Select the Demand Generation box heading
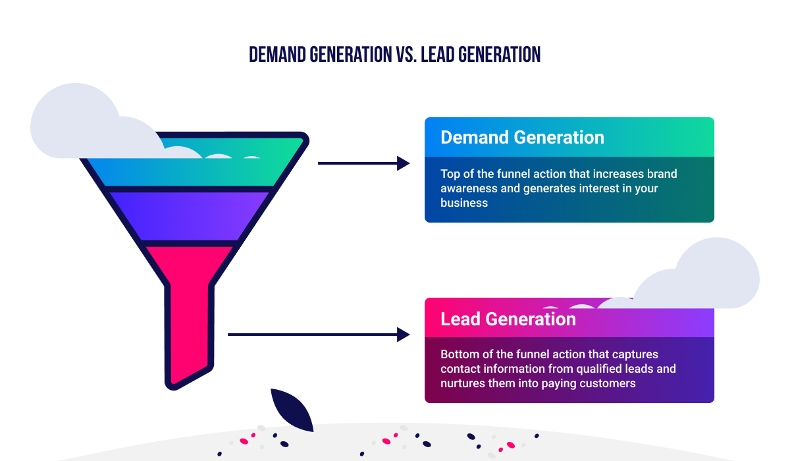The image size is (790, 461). click(522, 137)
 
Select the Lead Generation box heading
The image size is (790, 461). click(508, 319)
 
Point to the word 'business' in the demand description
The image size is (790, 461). click(464, 203)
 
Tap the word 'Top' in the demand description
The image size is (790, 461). click(450, 175)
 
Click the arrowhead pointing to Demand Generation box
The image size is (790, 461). click(403, 163)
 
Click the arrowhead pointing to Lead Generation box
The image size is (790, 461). click(403, 335)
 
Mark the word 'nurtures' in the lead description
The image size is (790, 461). click(461, 383)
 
